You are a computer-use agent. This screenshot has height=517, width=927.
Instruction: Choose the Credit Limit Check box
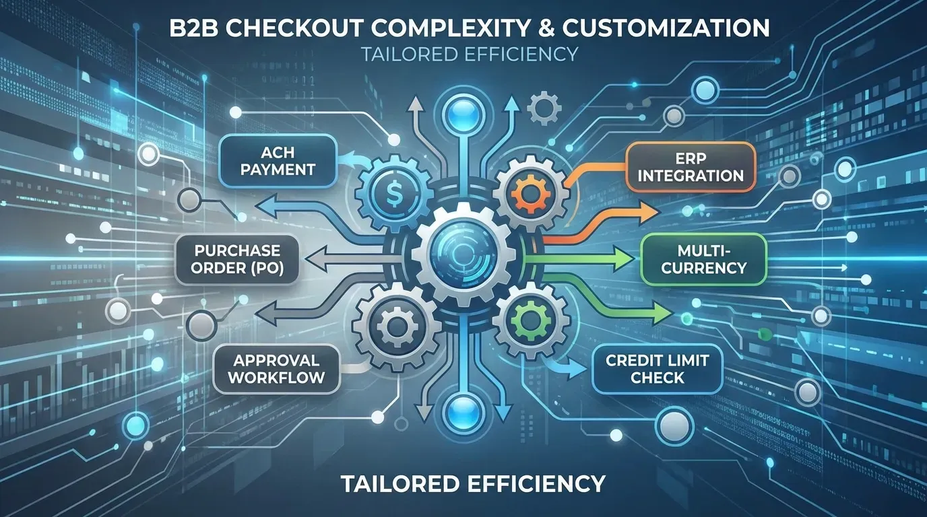coord(658,368)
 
